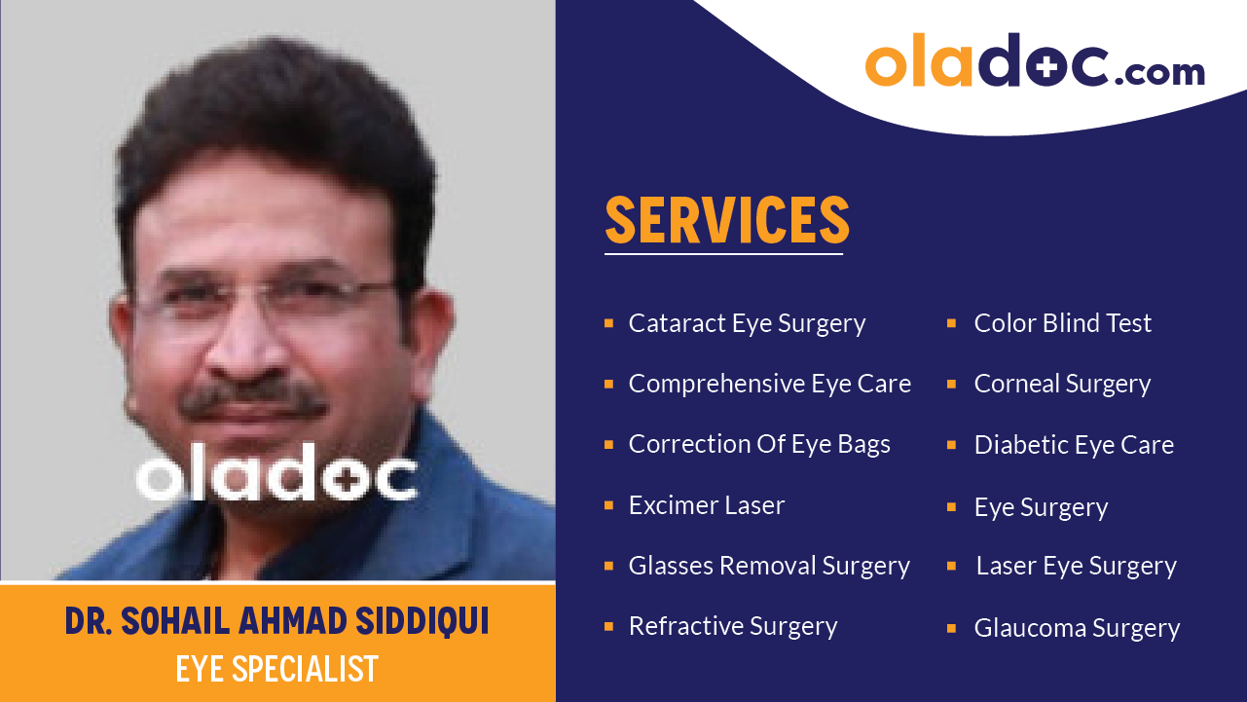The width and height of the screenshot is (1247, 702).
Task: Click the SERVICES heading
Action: click(726, 221)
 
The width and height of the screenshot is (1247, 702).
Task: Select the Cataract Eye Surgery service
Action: click(747, 323)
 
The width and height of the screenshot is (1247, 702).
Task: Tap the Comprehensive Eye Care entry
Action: click(769, 384)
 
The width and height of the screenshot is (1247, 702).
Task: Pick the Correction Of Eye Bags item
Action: click(759, 444)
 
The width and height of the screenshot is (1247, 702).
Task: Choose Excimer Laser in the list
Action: click(706, 505)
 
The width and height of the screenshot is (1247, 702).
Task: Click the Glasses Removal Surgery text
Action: click(769, 566)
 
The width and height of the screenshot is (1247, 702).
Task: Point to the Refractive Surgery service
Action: click(732, 626)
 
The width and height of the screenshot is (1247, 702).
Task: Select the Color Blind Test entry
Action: click(1062, 323)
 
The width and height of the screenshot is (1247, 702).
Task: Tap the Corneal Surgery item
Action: click(1062, 384)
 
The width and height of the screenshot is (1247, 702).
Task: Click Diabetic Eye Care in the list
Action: click(1074, 445)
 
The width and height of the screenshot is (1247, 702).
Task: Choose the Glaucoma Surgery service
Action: click(1077, 628)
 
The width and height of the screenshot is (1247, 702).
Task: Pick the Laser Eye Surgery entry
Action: click(1076, 566)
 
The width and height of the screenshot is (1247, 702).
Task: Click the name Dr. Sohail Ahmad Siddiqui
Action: click(277, 621)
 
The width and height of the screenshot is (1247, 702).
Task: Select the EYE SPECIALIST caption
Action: click(277, 669)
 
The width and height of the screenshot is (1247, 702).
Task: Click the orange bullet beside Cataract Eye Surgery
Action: click(608, 322)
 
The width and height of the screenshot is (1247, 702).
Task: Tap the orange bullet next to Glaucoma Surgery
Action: click(952, 628)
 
